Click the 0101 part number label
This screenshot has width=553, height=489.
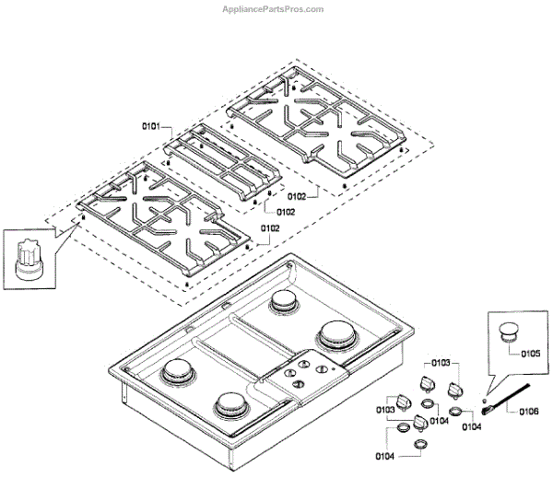click(151, 125)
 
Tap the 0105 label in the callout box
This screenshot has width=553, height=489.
click(530, 353)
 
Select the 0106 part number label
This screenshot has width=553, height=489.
click(529, 411)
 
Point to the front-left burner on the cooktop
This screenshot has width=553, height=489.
click(178, 373)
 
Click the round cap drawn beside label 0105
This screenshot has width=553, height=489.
click(507, 332)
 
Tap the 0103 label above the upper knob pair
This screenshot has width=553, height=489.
click(441, 363)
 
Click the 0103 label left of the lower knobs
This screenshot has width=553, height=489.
click(386, 408)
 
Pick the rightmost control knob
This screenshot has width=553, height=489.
click(455, 391)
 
